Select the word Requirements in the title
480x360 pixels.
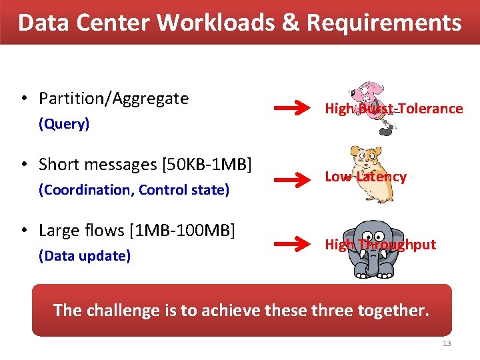tap(383, 23)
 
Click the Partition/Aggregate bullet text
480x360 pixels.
tap(113, 99)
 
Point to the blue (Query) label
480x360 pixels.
tap(64, 124)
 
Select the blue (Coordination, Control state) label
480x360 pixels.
tap(134, 190)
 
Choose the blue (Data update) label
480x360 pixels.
tap(85, 256)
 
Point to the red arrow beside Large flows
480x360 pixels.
tap(291, 245)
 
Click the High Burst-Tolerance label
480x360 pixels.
tap(393, 109)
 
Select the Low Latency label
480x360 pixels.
tap(365, 177)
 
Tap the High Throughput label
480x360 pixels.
tap(380, 245)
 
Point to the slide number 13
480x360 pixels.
tap(446, 343)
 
